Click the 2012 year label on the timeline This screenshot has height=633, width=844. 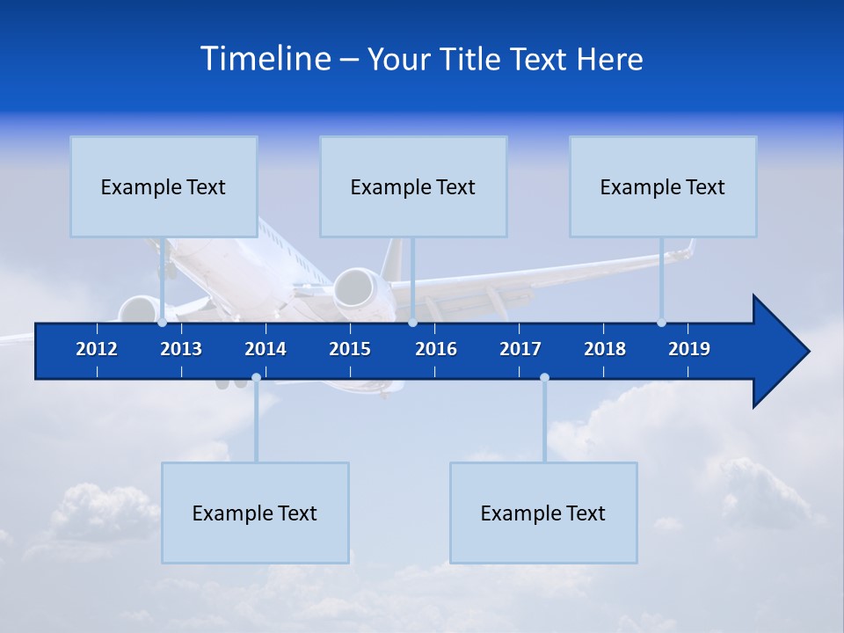pyautogui.click(x=97, y=349)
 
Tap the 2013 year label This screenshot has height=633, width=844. pyautogui.click(x=181, y=349)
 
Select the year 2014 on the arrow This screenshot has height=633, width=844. pyautogui.click(x=266, y=349)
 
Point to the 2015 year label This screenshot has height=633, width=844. pyautogui.click(x=350, y=349)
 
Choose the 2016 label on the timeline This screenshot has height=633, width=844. pyautogui.click(x=436, y=349)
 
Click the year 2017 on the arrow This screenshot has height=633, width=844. pyautogui.click(x=520, y=349)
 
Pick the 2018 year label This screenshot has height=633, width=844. pyautogui.click(x=605, y=349)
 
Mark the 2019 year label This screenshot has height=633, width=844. pyautogui.click(x=689, y=349)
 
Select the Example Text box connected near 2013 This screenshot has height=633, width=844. pyautogui.click(x=164, y=186)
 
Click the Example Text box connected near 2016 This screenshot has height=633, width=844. pyautogui.click(x=413, y=186)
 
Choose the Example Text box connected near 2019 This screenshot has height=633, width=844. pyautogui.click(x=663, y=186)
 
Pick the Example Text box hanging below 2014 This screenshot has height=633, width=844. pyautogui.click(x=255, y=513)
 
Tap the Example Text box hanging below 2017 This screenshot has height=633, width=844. pyautogui.click(x=543, y=513)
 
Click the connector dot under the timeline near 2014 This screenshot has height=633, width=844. pyautogui.click(x=256, y=378)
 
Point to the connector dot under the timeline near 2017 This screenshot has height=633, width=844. pyautogui.click(x=544, y=378)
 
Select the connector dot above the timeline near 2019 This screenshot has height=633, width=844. pyautogui.click(x=661, y=323)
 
